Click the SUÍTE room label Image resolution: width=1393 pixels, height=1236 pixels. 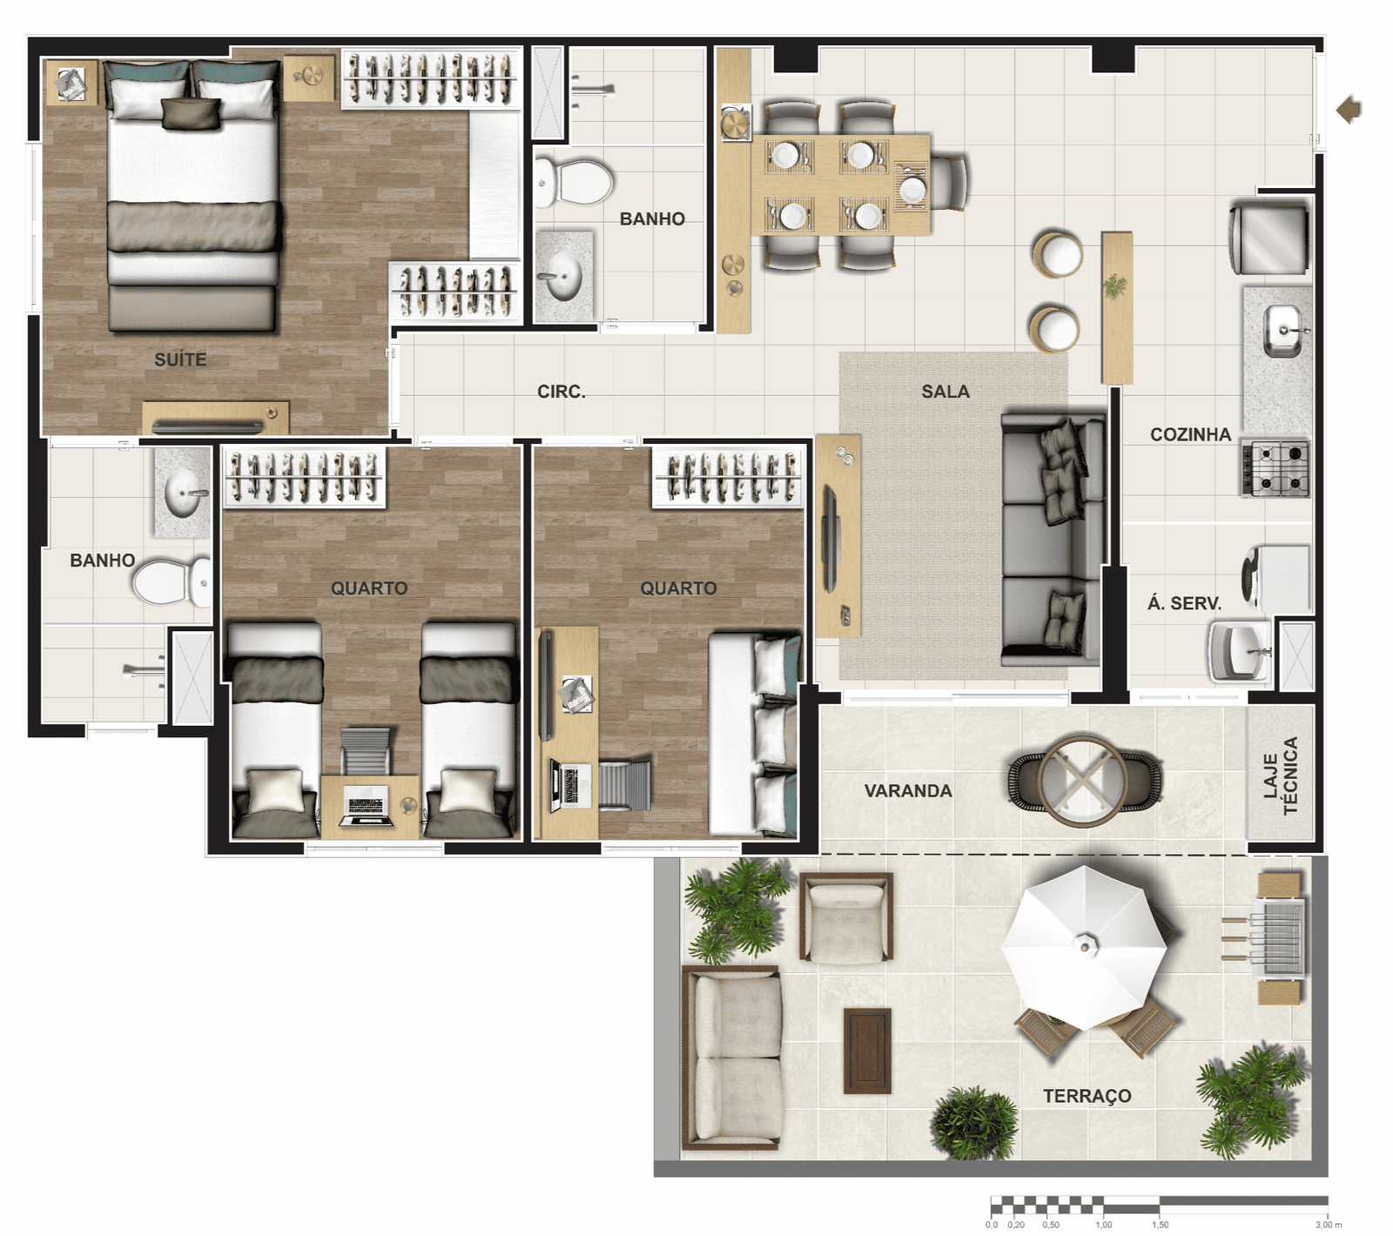pyautogui.click(x=180, y=359)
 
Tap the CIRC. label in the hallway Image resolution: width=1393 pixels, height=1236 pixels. pyautogui.click(x=562, y=392)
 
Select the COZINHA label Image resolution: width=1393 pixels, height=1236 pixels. pyautogui.click(x=1190, y=434)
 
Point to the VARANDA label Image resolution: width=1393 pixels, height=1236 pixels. pyautogui.click(x=908, y=790)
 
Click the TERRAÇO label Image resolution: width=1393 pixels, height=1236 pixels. pyautogui.click(x=1087, y=1096)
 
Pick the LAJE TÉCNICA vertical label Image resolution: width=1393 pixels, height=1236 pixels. pyautogui.click(x=1281, y=776)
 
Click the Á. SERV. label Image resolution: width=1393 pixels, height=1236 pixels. pyautogui.click(x=1184, y=602)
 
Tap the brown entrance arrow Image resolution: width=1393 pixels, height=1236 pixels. pyautogui.click(x=1349, y=110)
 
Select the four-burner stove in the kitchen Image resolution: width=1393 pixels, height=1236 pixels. pyautogui.click(x=1276, y=468)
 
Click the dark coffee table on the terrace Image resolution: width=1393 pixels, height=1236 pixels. pyautogui.click(x=867, y=1051)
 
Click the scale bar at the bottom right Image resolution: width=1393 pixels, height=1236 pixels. pyautogui.click(x=1159, y=1205)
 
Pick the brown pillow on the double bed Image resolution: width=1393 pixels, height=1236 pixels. pyautogui.click(x=192, y=114)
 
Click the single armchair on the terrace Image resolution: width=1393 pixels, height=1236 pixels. pyautogui.click(x=846, y=918)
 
